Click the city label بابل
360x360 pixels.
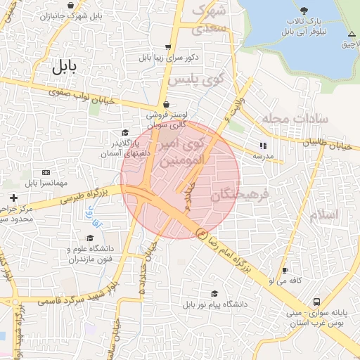click(63, 67)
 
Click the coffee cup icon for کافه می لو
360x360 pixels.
click(285, 271)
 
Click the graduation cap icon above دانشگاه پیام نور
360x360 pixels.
click(214, 294)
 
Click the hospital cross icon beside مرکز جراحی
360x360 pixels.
click(13, 198)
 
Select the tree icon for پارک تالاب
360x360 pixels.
click(303, 10)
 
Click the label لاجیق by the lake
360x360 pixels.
click(347, 44)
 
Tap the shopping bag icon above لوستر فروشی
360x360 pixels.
click(165, 103)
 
